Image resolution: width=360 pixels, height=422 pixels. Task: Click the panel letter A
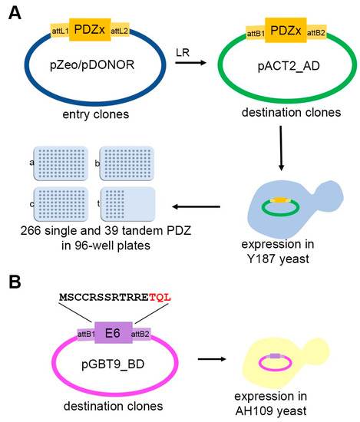click(x=15, y=13)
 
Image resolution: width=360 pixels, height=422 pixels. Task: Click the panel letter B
click(x=15, y=282)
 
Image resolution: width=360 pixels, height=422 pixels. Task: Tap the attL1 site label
click(x=60, y=31)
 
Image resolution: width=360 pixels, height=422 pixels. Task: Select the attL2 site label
click(x=120, y=31)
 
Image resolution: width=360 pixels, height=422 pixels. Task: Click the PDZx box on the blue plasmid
click(x=90, y=30)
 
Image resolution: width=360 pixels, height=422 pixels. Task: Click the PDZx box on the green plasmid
click(x=286, y=30)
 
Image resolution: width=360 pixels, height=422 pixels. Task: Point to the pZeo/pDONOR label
click(x=92, y=65)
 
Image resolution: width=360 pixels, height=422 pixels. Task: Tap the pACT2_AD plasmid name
click(x=289, y=66)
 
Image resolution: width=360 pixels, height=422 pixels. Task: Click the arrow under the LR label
click(x=190, y=63)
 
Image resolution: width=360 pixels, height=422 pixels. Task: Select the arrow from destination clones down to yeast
click(x=281, y=148)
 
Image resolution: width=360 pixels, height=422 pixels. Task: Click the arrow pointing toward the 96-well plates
click(x=197, y=206)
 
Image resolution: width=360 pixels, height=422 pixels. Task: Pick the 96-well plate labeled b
click(x=127, y=163)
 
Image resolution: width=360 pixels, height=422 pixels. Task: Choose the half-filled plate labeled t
click(x=128, y=204)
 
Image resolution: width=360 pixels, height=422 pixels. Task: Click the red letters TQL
click(x=160, y=298)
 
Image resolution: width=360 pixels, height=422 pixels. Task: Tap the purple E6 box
click(x=114, y=333)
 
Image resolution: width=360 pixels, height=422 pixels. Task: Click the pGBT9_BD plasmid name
click(x=113, y=364)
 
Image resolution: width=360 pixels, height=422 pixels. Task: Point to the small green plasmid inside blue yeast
click(x=281, y=215)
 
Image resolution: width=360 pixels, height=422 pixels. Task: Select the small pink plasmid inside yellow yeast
click(x=275, y=370)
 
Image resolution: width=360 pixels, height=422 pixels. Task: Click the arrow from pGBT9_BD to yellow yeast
click(x=212, y=359)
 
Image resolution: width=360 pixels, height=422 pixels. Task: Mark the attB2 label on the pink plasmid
click(x=140, y=335)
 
